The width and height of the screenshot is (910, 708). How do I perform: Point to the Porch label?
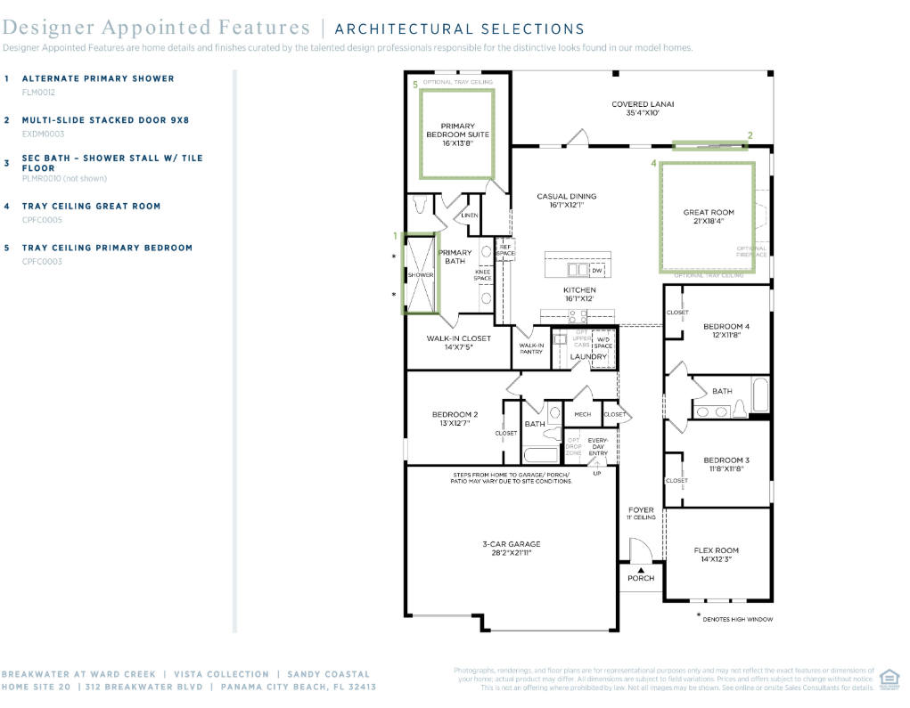click(640, 578)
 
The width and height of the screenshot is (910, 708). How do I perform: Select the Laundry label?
click(588, 357)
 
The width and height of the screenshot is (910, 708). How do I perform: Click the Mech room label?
click(582, 414)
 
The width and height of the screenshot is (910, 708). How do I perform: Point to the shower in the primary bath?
click(420, 274)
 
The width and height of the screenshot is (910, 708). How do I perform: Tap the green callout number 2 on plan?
click(750, 135)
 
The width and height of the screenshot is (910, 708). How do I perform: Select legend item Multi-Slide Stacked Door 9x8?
click(105, 119)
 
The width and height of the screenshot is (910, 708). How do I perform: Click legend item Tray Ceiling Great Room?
click(91, 206)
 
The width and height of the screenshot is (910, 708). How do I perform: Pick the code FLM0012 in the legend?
click(38, 92)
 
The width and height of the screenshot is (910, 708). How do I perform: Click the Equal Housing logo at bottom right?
click(889, 679)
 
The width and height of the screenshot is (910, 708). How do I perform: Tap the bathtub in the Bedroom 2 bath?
click(540, 453)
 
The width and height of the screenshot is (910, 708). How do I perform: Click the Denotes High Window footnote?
click(736, 619)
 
